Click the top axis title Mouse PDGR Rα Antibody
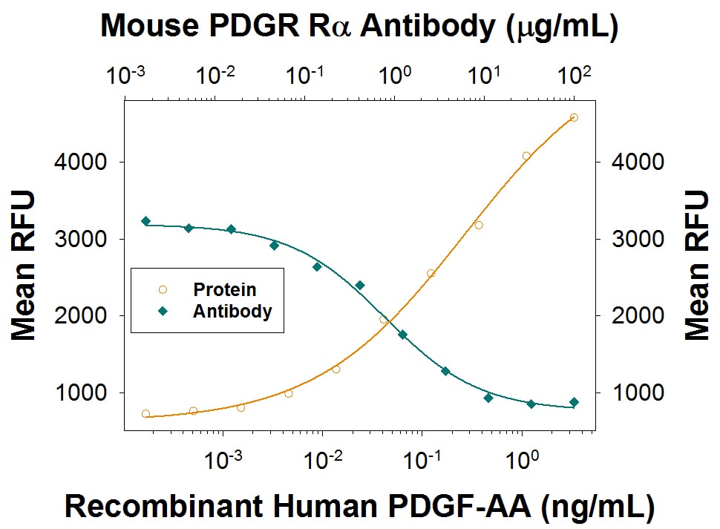tap(359, 26)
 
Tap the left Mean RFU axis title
tap(24, 265)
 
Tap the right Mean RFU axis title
tap(696, 265)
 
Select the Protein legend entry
tap(224, 290)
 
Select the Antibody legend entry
tap(232, 312)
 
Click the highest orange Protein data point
tap(573, 117)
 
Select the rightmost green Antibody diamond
tap(574, 402)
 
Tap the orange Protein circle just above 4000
tap(526, 156)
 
